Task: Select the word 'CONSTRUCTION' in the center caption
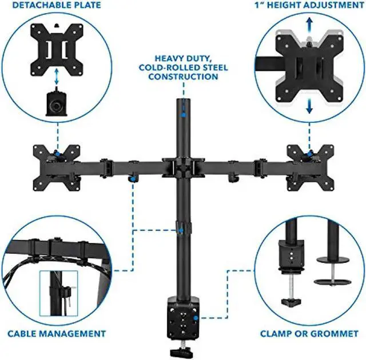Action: [183, 77]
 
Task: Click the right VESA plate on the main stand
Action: [309, 166]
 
